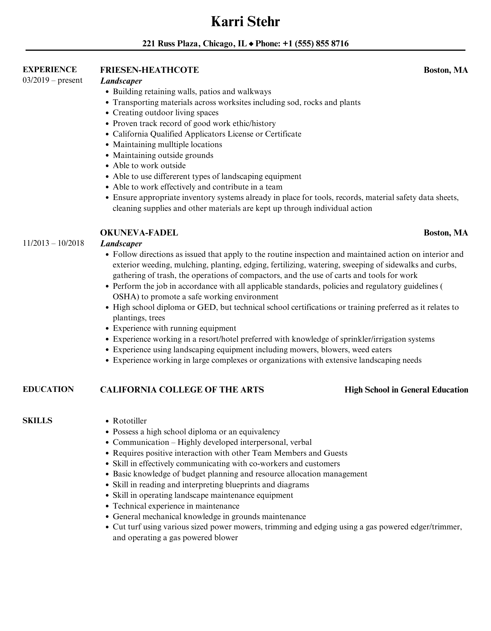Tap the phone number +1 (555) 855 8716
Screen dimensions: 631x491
point(316,44)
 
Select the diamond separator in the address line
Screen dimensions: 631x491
point(251,44)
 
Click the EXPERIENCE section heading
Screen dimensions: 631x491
point(50,69)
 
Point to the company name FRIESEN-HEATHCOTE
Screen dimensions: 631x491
point(149,70)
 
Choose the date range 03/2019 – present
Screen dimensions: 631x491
point(52,80)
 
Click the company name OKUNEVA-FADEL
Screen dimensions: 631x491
point(139,233)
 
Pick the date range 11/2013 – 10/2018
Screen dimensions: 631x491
point(53,243)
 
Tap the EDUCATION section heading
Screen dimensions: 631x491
point(48,389)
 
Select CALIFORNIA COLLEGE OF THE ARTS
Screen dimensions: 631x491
point(182,390)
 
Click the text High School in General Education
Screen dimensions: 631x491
point(406,390)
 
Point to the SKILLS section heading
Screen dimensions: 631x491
point(37,420)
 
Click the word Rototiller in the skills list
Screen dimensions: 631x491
point(130,421)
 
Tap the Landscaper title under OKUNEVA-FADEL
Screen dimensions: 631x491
point(121,244)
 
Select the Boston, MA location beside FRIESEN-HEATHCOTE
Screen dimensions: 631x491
point(446,70)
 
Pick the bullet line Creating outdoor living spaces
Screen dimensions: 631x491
point(165,113)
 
